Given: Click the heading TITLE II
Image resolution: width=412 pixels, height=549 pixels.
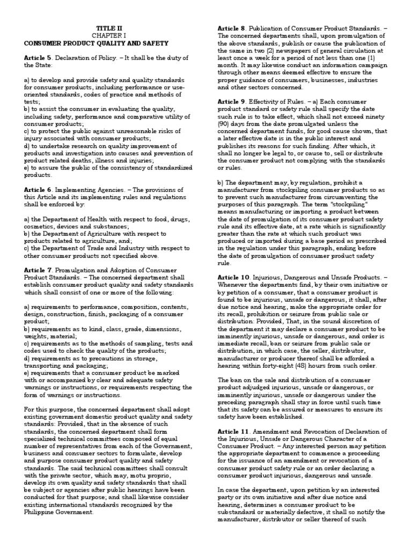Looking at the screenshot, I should [105, 27].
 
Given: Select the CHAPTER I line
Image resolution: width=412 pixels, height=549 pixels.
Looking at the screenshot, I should [105, 35].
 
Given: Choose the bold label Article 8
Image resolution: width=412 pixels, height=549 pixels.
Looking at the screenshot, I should [231, 27].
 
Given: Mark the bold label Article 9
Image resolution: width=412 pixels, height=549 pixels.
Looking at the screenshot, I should [231, 101].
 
